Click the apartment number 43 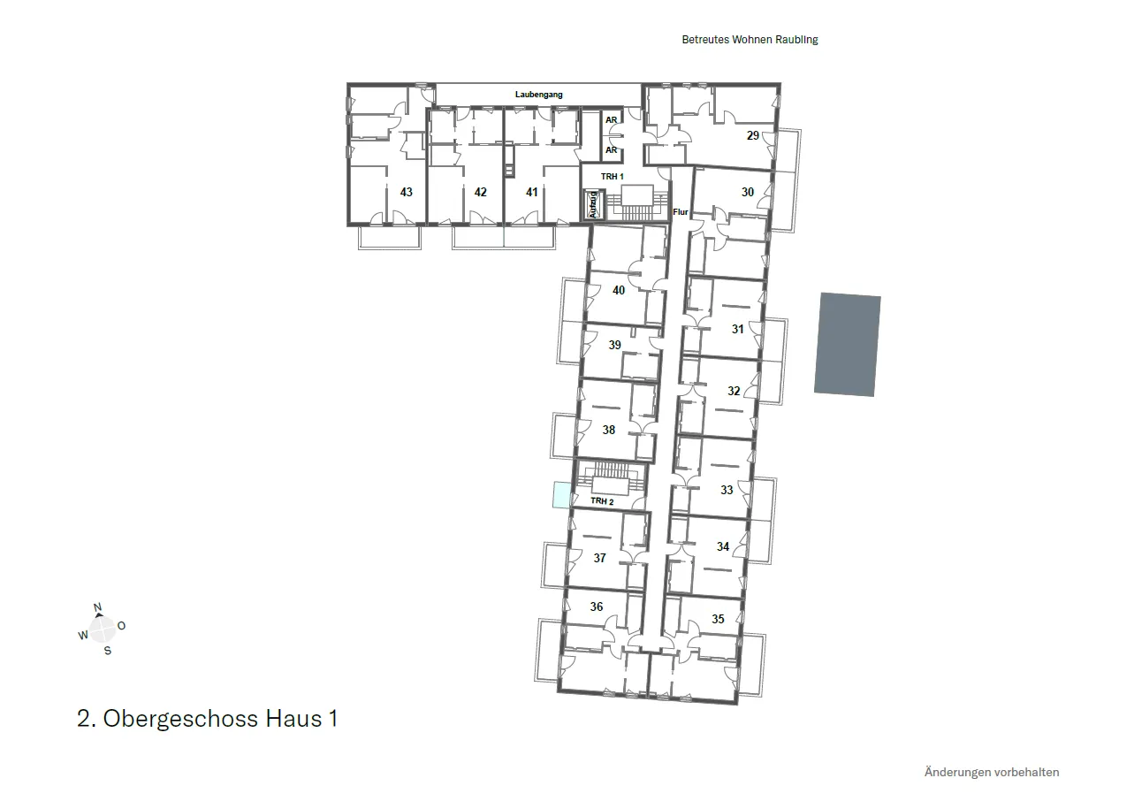(406, 192)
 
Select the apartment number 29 (753, 135)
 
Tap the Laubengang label (538, 95)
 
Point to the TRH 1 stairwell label (612, 176)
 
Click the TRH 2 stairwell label (602, 500)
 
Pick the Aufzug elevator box (593, 204)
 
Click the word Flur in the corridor (681, 211)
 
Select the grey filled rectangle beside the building (848, 344)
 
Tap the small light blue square (562, 495)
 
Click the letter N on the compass (98, 607)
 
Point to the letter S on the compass (107, 651)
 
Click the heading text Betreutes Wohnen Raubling (750, 40)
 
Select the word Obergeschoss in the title (180, 719)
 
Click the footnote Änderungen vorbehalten (992, 772)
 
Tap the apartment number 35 (718, 619)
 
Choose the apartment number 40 (619, 290)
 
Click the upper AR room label (612, 120)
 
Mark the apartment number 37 (600, 558)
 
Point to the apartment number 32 (734, 391)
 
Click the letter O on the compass (121, 626)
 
